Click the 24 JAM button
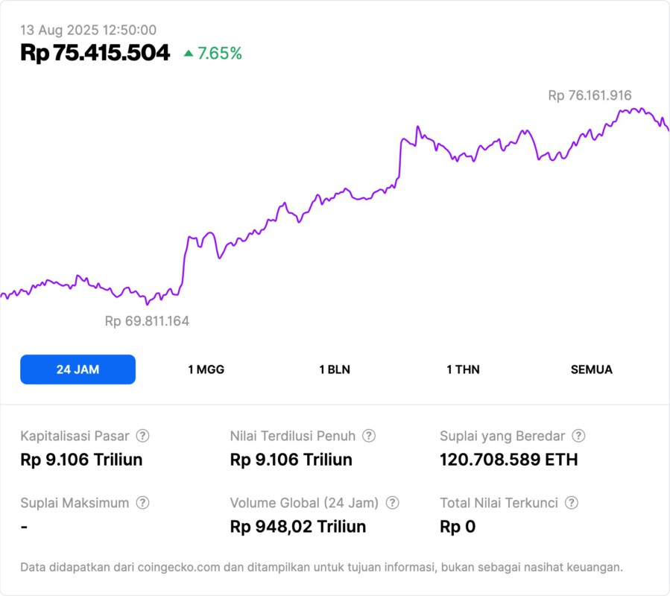78,370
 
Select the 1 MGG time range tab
206,370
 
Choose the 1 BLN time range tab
335,370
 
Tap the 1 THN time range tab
463,370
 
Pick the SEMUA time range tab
592,370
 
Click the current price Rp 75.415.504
95,53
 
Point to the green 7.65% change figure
219,54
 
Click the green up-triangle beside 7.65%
189,54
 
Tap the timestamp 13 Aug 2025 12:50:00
88,30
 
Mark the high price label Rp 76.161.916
590,95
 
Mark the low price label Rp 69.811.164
147,321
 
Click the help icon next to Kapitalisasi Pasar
142,436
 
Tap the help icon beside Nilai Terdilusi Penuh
369,436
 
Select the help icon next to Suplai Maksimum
142,503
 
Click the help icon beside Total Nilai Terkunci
572,503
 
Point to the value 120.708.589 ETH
508,460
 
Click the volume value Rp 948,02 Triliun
298,527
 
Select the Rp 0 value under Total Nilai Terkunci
458,527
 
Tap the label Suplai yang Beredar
502,436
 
